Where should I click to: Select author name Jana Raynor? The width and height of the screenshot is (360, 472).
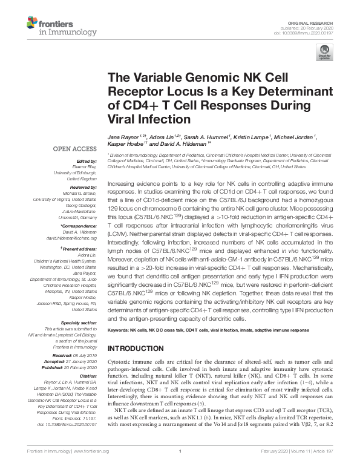pos(123,138)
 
